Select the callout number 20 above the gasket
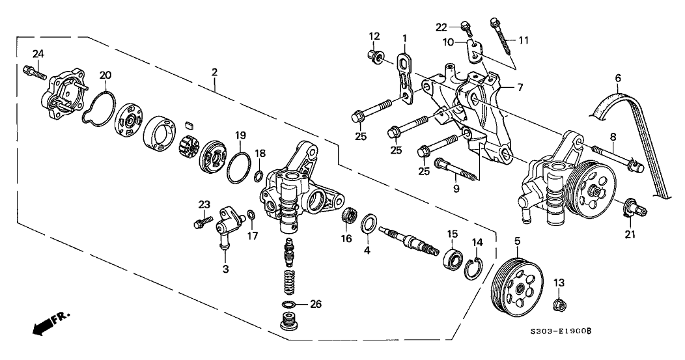pyautogui.click(x=105, y=75)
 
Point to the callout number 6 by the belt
pyautogui.click(x=618, y=79)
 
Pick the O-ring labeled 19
pyautogui.click(x=238, y=167)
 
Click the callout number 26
pyautogui.click(x=316, y=304)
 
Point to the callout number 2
pyautogui.click(x=214, y=72)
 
